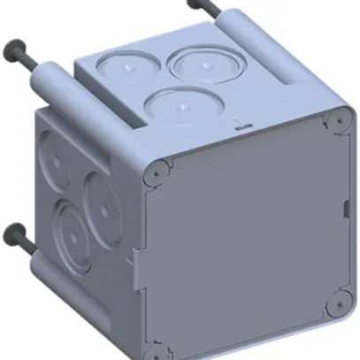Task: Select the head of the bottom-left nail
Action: point(13,234)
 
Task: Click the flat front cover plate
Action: point(248,239)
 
